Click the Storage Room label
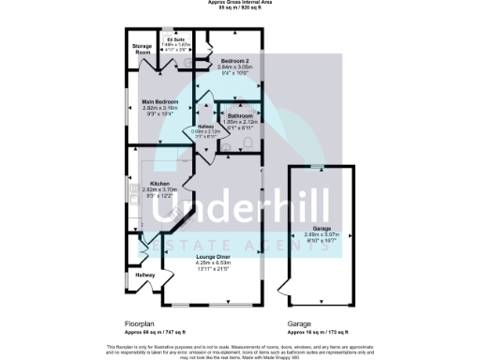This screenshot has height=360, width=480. (x=142, y=48)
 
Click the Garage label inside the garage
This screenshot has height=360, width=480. (x=322, y=229)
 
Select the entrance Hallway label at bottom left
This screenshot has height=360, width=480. (x=144, y=275)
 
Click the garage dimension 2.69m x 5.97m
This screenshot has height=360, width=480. (x=322, y=235)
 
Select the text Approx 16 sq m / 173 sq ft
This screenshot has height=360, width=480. (x=319, y=333)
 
